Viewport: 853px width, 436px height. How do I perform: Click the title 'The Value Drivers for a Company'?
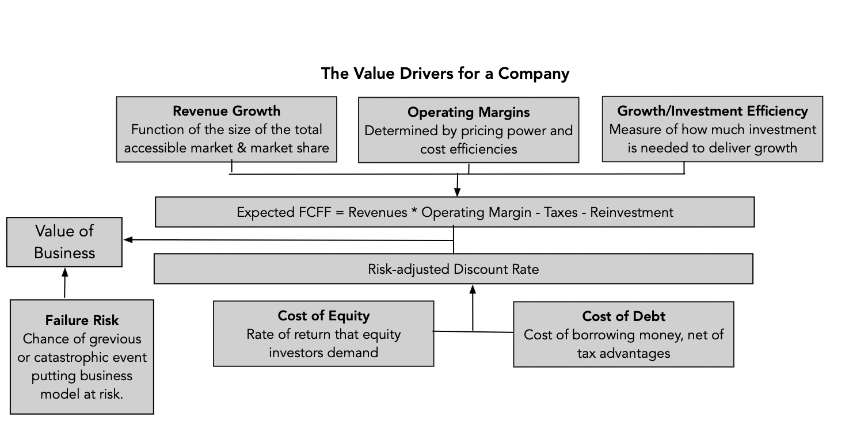point(445,74)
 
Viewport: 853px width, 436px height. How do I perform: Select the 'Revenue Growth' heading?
point(227,111)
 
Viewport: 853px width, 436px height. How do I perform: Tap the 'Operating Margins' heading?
point(469,113)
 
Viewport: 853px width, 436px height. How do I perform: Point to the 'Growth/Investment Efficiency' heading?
point(713,111)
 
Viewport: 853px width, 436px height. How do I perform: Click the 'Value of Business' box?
point(64,242)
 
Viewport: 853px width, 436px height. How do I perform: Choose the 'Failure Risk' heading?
point(82,320)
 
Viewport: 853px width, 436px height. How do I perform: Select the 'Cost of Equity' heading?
point(323,316)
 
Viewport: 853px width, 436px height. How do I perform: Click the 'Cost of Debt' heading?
point(624,316)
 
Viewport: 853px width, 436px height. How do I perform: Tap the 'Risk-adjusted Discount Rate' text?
point(453,269)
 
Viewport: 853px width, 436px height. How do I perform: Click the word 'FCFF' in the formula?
point(314,212)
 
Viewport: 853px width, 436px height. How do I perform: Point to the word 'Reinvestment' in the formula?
point(632,212)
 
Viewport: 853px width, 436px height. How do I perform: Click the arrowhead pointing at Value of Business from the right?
point(128,240)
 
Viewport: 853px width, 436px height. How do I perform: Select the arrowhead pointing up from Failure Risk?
point(64,273)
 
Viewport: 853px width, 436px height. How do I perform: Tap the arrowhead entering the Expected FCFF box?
point(457,192)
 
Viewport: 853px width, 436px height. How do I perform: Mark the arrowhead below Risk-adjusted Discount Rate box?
point(473,289)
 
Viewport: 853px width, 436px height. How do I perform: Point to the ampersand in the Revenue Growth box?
point(241,148)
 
